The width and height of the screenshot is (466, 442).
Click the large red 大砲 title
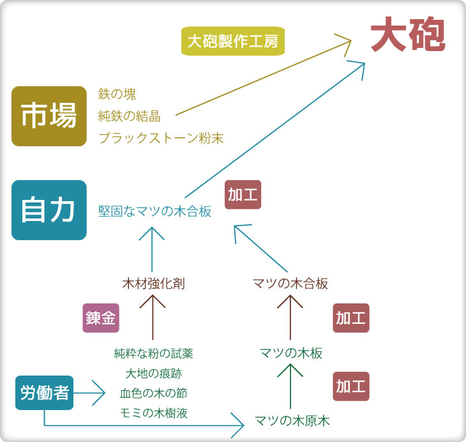tap(408, 34)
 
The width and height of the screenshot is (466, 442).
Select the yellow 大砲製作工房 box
tap(233, 41)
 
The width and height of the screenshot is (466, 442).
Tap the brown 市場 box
tap(49, 116)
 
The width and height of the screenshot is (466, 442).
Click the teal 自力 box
tap(49, 210)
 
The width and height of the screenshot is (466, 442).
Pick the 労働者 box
tap(44, 393)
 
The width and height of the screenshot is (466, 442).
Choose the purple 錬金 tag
tap(101, 318)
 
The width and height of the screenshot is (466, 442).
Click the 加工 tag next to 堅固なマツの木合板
tap(243, 195)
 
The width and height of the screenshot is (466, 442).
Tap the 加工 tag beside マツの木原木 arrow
tap(351, 386)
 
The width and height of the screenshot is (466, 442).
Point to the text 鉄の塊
tap(117, 94)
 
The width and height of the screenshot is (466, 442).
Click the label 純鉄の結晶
tap(130, 116)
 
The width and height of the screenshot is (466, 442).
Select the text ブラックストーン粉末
tap(161, 138)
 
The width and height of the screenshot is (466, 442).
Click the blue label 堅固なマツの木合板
tap(154, 211)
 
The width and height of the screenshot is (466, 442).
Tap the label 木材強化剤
tap(154, 284)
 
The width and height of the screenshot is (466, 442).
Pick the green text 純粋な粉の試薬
tap(154, 353)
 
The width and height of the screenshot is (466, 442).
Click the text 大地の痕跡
tap(154, 373)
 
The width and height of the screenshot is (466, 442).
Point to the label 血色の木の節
tap(154, 393)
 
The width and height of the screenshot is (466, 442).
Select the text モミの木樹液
tap(154, 413)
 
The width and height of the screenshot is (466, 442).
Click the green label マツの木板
tap(291, 353)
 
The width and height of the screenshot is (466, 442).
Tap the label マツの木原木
tap(292, 421)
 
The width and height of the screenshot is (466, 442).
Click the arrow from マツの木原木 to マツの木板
tap(290, 386)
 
